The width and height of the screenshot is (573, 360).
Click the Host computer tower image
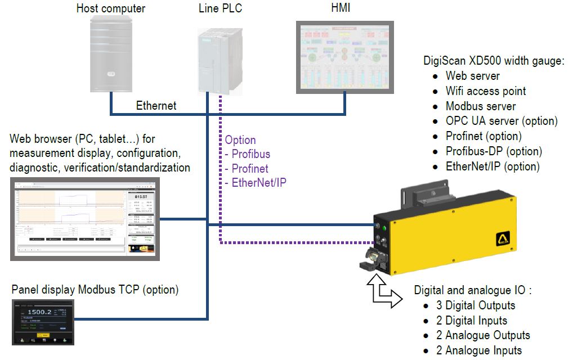(x=111, y=55)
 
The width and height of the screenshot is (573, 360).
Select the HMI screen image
(x=345, y=57)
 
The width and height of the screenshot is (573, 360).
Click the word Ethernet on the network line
(x=156, y=106)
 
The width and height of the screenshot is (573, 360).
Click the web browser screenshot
(x=85, y=219)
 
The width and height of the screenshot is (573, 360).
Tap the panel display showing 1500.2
(x=44, y=322)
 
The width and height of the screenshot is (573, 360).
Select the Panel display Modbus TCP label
(x=95, y=290)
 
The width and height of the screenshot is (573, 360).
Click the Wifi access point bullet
(x=486, y=91)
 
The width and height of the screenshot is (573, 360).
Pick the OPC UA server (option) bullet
(x=502, y=121)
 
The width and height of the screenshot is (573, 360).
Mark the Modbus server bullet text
(x=481, y=106)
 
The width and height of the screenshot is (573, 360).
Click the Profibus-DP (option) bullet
(x=494, y=151)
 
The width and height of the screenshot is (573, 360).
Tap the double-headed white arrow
(x=383, y=292)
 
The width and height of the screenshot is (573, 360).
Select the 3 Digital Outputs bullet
(x=476, y=305)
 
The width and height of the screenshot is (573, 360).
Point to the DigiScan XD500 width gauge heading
(x=493, y=61)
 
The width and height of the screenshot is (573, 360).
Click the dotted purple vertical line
(x=220, y=169)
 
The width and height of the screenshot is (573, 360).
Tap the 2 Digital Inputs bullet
(x=472, y=321)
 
